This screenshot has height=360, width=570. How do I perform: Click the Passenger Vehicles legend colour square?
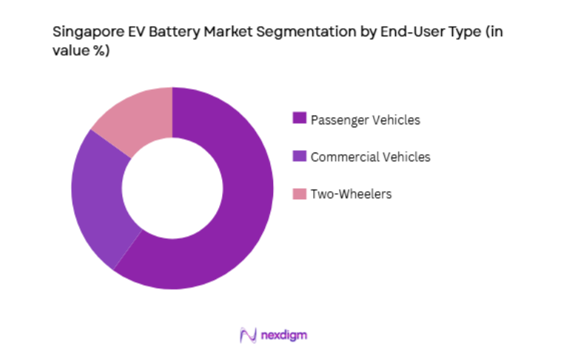(299, 119)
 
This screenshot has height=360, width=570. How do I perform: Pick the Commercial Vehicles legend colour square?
(299, 156)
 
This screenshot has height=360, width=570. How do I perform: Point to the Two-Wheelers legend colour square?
(299, 194)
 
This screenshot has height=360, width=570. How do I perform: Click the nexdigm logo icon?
(248, 335)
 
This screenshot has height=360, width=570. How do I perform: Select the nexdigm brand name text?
(284, 336)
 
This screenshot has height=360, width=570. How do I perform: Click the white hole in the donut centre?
(172, 188)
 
